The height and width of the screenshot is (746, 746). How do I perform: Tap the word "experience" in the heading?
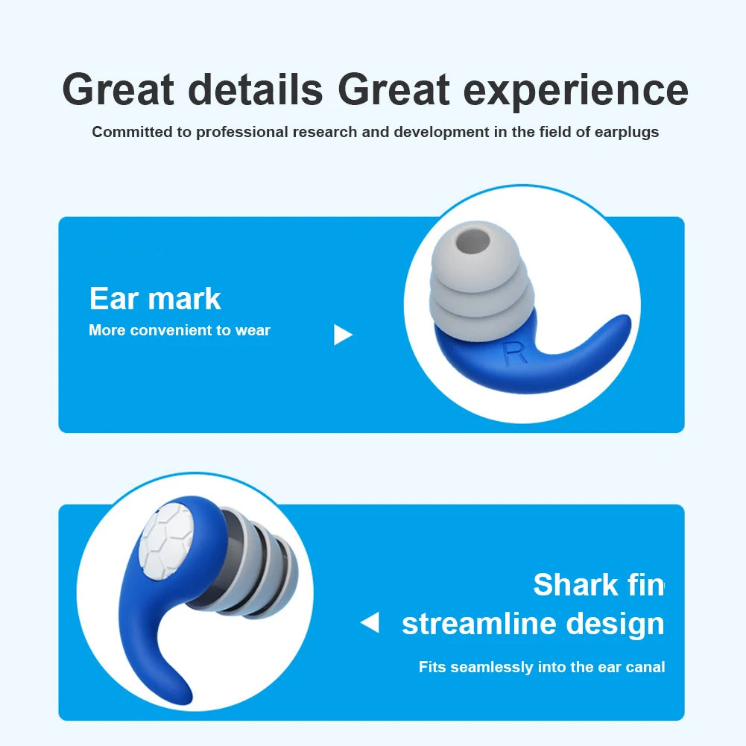[575, 89]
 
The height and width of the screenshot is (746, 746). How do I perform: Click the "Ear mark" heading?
[155, 299]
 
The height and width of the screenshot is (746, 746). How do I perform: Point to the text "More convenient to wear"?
[179, 330]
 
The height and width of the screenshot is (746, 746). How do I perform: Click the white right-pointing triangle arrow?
[342, 335]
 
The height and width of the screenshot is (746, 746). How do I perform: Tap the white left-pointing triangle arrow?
[370, 622]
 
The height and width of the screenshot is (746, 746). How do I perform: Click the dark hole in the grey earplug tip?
[470, 243]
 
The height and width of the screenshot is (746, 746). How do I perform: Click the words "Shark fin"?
[598, 584]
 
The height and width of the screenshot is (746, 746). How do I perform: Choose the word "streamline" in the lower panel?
[482, 624]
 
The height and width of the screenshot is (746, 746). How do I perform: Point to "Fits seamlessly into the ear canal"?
[541, 667]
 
